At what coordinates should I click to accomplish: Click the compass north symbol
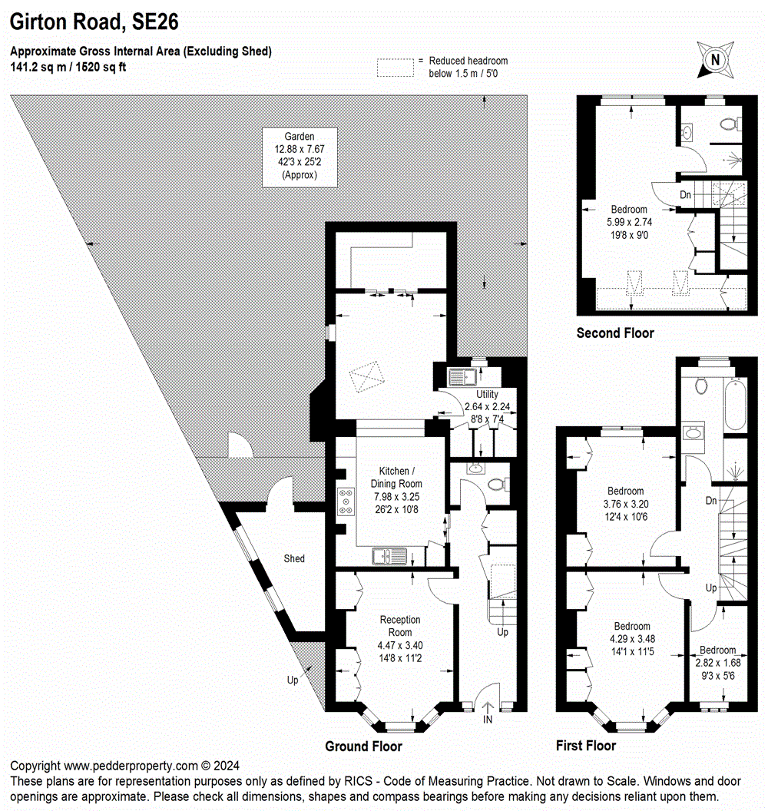[x=715, y=59]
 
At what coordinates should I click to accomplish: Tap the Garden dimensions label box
[x=300, y=157]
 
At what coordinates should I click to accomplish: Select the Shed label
[x=294, y=558]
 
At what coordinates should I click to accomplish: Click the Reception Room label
[x=400, y=639]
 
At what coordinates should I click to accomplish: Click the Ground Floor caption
[x=363, y=746]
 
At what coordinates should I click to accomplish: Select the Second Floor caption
[x=615, y=333]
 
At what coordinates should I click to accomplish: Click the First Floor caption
[x=585, y=746]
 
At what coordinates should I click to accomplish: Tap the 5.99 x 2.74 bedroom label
[x=629, y=222]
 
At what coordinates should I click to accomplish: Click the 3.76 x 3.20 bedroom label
[x=626, y=504]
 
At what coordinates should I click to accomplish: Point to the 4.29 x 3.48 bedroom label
[x=631, y=638]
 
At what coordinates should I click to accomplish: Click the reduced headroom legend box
[x=395, y=67]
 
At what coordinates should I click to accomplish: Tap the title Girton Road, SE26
[x=94, y=22]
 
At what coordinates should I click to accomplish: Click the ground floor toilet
[x=496, y=484]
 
